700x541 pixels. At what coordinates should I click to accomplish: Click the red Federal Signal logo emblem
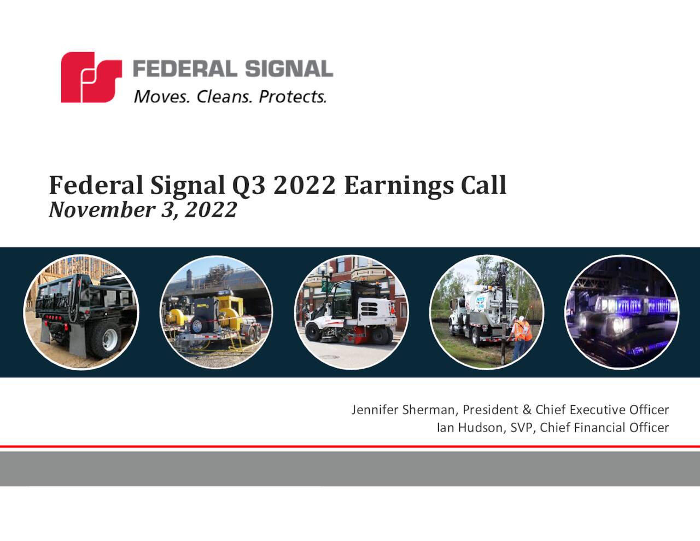pyautogui.click(x=91, y=77)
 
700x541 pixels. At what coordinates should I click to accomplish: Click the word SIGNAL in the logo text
pyautogui.click(x=289, y=69)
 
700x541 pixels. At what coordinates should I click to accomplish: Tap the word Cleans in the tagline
pyautogui.click(x=224, y=97)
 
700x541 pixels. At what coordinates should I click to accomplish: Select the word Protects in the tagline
pyautogui.click(x=292, y=97)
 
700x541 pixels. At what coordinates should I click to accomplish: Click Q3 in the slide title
pyautogui.click(x=249, y=185)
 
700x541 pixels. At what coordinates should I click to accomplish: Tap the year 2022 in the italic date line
pyautogui.click(x=211, y=210)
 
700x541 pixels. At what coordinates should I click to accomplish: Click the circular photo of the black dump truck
pyautogui.click(x=81, y=312)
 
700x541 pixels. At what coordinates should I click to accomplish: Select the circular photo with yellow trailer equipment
pyautogui.click(x=217, y=312)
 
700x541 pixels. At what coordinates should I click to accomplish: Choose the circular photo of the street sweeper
pyautogui.click(x=351, y=312)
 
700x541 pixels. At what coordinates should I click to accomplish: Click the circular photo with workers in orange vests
pyautogui.click(x=487, y=312)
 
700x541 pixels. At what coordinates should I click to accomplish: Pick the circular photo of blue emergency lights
pyautogui.click(x=622, y=312)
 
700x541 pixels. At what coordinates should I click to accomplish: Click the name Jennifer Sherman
pyautogui.click(x=403, y=410)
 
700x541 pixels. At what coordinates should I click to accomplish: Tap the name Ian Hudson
pyautogui.click(x=469, y=428)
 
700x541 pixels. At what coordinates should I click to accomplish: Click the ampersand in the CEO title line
pyautogui.click(x=527, y=410)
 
